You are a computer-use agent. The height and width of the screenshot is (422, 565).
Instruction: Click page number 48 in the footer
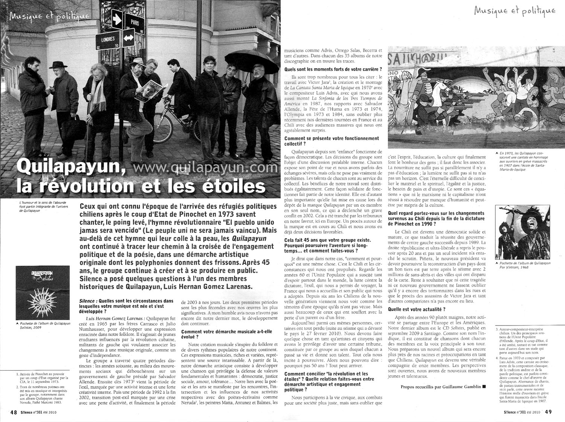[x=13, y=412]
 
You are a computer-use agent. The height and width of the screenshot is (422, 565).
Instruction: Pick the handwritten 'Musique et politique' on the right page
[x=515, y=11]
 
